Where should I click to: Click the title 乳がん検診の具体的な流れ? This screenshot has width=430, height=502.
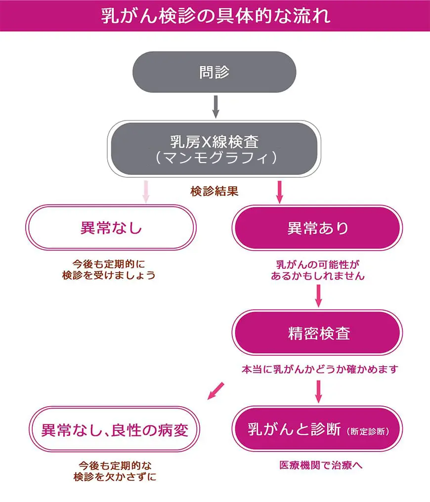(215, 15)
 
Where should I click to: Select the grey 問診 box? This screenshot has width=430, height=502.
(215, 72)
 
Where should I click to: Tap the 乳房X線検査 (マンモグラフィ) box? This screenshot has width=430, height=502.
(215, 148)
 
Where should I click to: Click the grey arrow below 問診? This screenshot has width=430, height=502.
(215, 106)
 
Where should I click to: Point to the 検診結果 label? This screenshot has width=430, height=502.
(215, 191)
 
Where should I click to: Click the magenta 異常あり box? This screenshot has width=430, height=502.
(317, 228)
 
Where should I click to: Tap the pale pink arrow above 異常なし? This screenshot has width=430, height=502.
(146, 192)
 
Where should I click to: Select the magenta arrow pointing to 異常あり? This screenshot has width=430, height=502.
(279, 192)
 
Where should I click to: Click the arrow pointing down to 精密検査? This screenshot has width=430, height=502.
(318, 295)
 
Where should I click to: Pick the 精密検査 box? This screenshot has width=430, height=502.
(317, 333)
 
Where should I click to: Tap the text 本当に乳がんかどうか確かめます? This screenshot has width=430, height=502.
(319, 369)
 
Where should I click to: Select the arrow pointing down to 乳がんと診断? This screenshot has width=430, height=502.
(318, 391)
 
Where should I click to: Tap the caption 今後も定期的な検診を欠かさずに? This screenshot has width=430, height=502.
(115, 470)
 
